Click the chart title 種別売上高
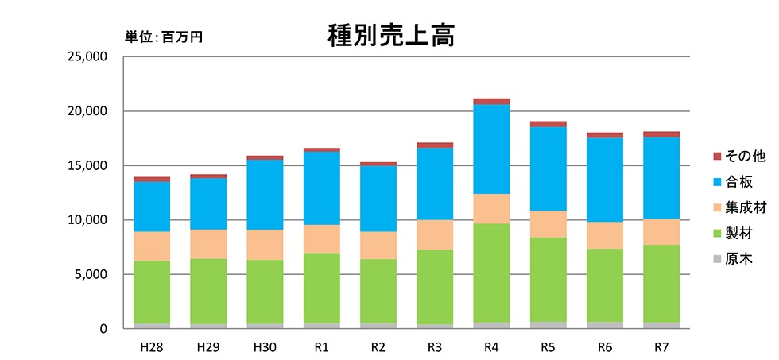coord(390,34)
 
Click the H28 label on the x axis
coord(151,347)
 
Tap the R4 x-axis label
coord(490,347)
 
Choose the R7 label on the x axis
coord(661,347)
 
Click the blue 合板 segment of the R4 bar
coord(490,149)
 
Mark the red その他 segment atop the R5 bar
coord(548,124)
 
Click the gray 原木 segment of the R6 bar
coord(604,325)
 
